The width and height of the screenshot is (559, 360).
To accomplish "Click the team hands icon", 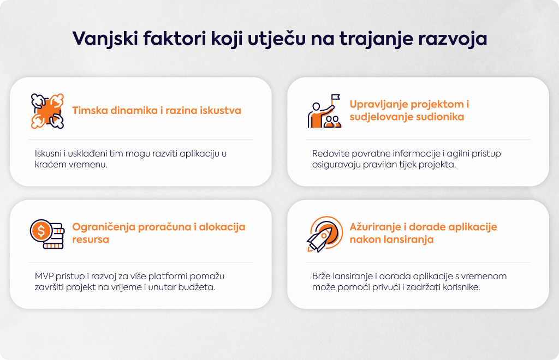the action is tap(47, 111).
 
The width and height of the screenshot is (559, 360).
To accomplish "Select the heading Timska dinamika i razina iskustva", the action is tap(157, 110).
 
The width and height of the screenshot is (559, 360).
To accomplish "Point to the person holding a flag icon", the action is tap(324, 111).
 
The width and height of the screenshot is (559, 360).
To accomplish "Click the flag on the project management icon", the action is tap(336, 97).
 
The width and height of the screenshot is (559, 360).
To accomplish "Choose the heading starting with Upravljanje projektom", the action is tap(409, 110).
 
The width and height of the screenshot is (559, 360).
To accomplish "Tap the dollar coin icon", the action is tap(47, 233).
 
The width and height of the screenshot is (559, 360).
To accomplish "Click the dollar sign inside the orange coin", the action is tap(41, 231).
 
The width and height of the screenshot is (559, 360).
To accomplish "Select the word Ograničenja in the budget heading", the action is tap(104, 227).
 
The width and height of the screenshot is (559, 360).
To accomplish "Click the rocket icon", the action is tap(324, 233).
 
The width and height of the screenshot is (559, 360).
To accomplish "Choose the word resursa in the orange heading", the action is tap(91, 239).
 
